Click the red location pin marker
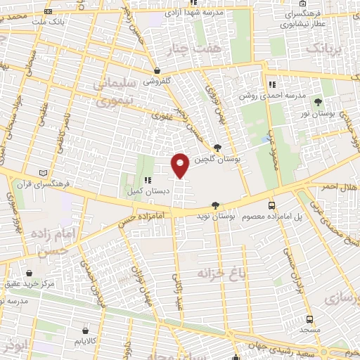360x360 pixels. [181, 165]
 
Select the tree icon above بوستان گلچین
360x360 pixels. [219, 148]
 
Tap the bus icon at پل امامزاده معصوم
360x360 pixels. [272, 206]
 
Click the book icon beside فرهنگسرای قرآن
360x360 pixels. [45, 173]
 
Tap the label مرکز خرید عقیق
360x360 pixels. [27, 285]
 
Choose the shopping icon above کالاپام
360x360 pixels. [85, 329]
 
